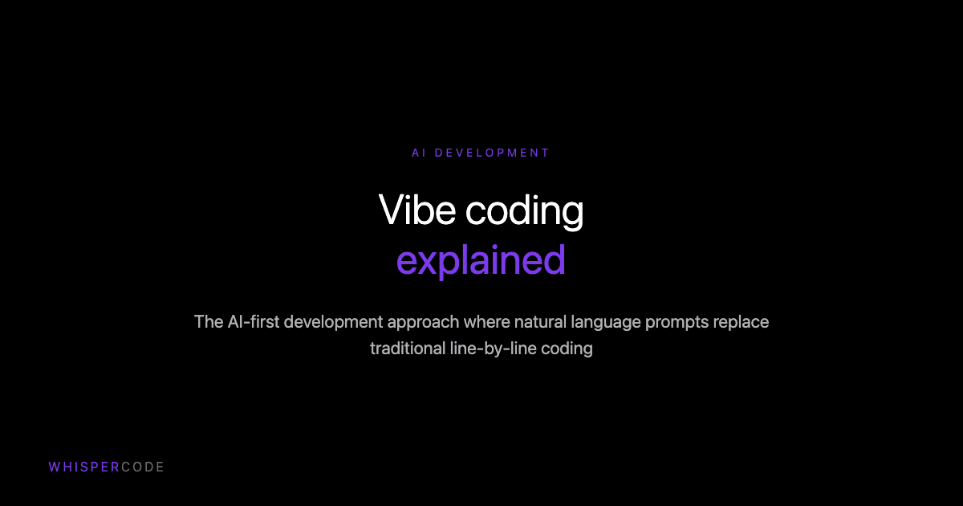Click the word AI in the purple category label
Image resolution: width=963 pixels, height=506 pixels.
418,153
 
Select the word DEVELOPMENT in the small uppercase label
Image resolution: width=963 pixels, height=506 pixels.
492,153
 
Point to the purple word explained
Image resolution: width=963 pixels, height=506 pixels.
481,262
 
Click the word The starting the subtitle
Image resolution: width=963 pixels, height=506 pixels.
209,322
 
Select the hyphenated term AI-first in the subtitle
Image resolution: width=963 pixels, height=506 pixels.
255,322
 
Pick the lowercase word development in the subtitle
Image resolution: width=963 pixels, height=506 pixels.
335,323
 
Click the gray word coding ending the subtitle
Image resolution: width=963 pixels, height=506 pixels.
567,350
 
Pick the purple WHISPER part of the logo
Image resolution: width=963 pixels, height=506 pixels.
84,467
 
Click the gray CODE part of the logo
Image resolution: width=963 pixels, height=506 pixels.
143,467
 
